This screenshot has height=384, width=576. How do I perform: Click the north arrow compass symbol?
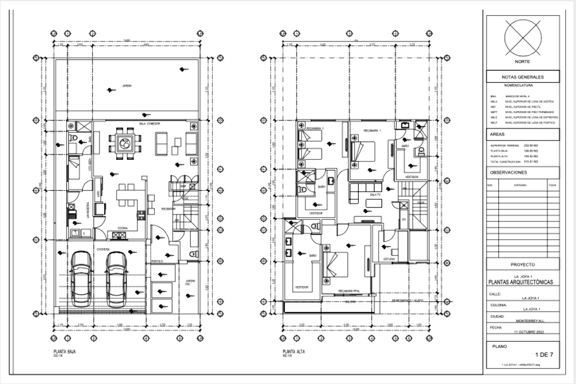tap(522, 39)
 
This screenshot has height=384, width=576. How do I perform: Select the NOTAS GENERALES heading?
tap(522, 77)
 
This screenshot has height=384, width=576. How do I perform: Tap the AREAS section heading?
tap(498, 133)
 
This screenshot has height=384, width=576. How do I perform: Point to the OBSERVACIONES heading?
tap(507, 173)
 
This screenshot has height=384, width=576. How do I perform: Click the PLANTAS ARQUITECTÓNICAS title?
tap(522, 282)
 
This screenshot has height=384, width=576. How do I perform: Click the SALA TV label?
tap(374, 193)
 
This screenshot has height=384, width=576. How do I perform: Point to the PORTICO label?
tap(157, 261)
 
